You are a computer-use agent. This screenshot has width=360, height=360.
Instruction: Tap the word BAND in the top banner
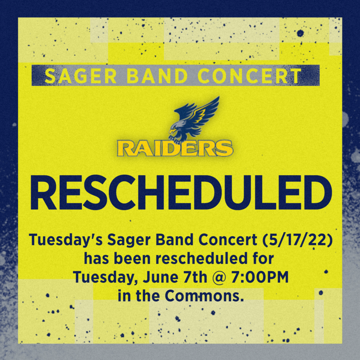[157, 76]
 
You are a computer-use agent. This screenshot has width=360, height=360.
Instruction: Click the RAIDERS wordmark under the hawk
[175, 149]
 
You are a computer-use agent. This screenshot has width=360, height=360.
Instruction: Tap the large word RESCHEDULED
[181, 192]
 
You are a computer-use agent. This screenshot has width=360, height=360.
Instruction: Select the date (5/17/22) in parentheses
[297, 240]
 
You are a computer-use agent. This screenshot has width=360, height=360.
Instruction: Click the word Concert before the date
[228, 240]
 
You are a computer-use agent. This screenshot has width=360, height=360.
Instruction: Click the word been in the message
[132, 259]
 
